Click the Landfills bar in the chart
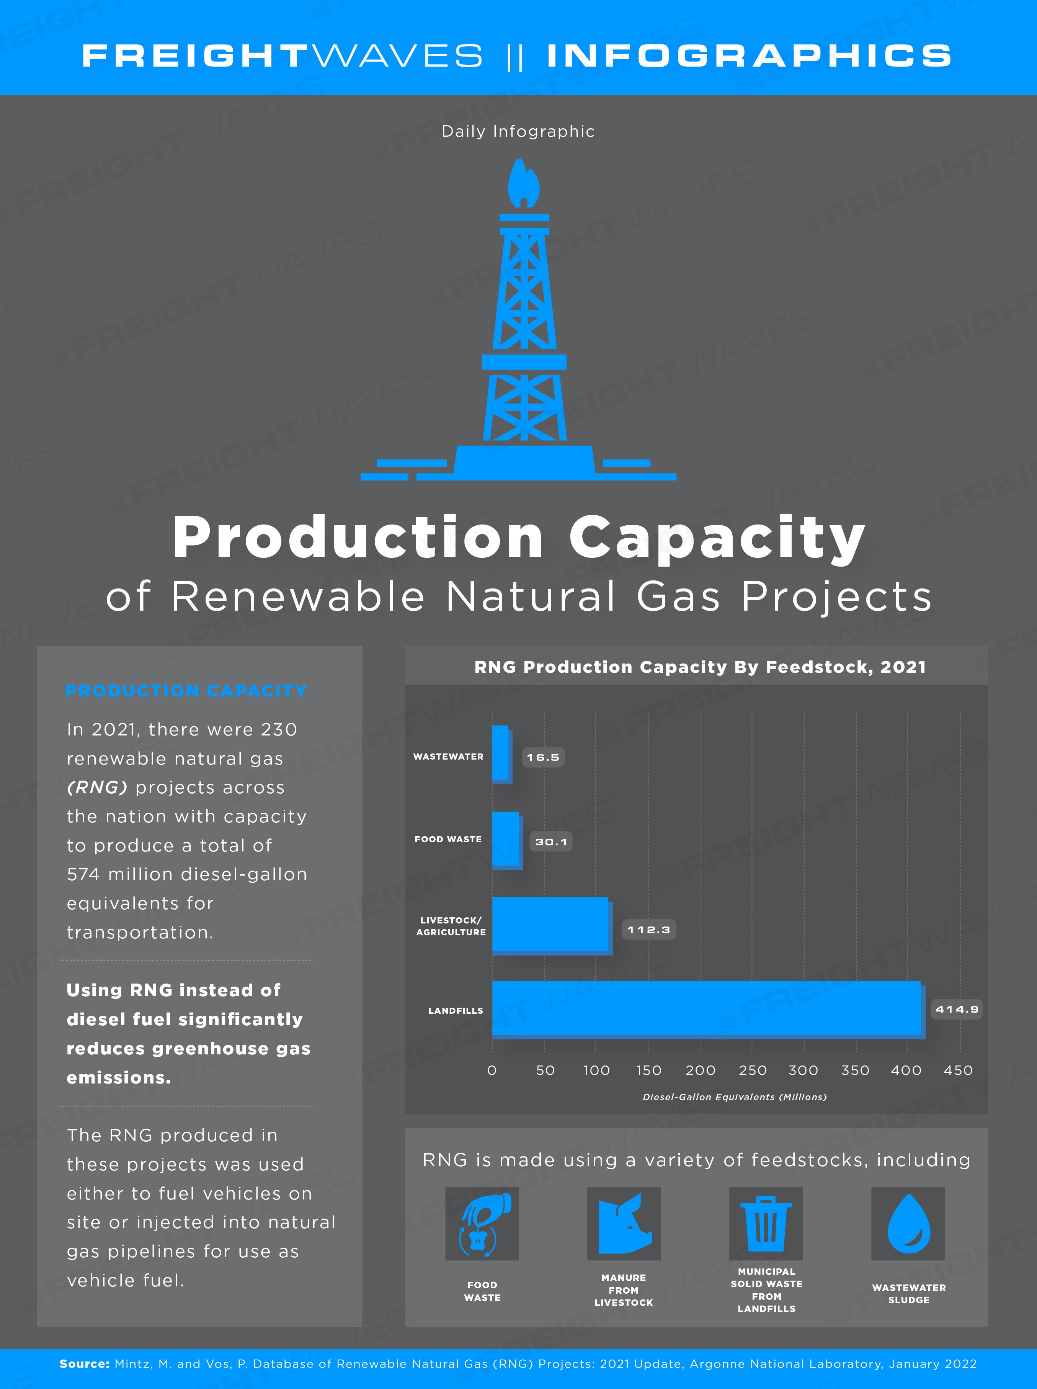point(708,1009)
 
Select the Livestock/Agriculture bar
point(552,926)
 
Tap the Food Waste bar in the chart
point(507,840)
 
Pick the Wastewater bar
point(501,755)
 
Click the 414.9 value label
point(956,1009)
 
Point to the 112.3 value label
point(648,930)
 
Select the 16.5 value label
point(543,758)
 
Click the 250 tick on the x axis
point(752,1070)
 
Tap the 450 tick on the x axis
point(958,1070)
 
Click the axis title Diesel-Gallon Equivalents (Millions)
point(735,1097)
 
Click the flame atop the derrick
point(524,183)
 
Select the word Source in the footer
point(85,1364)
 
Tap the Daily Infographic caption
point(518,131)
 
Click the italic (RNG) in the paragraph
point(97,787)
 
